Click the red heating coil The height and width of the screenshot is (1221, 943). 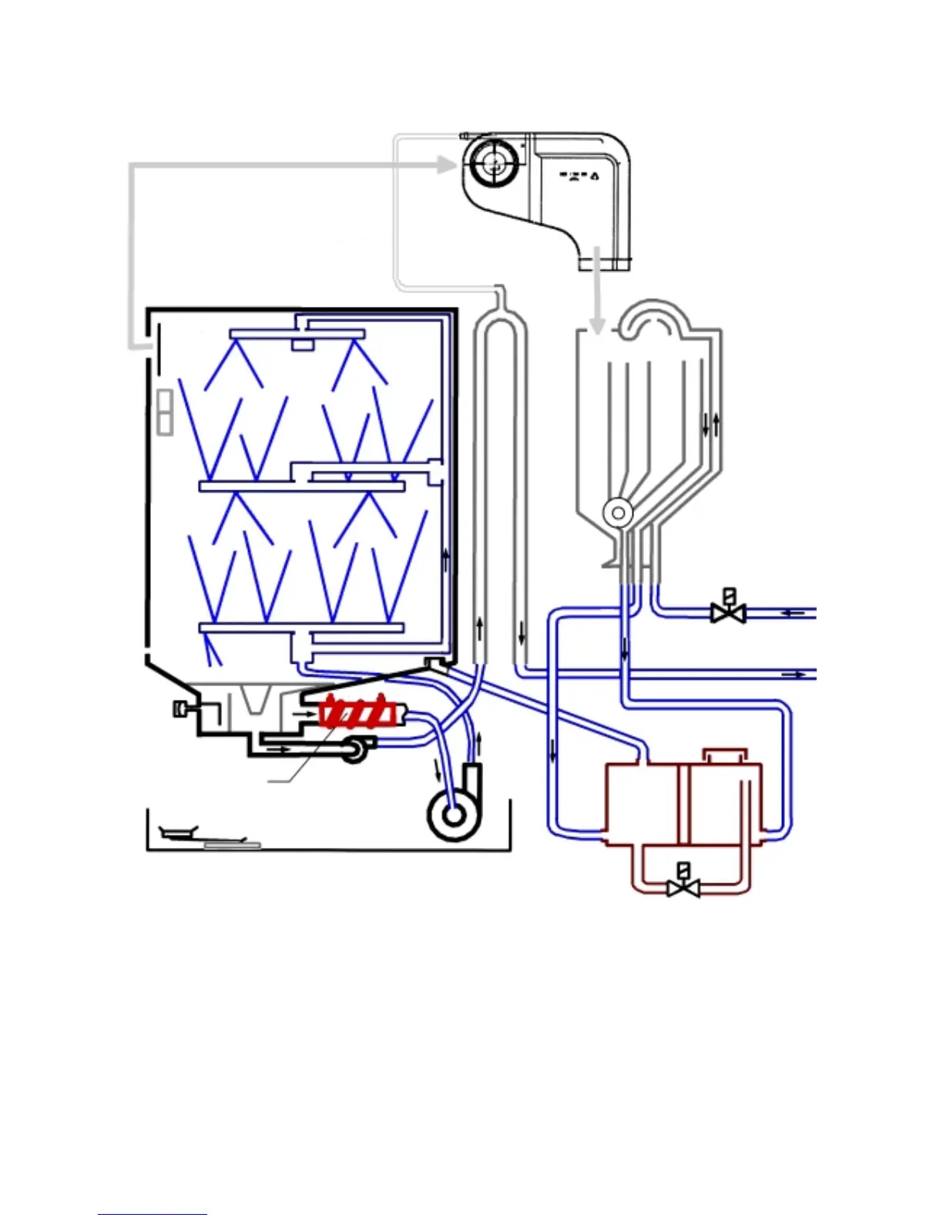click(358, 712)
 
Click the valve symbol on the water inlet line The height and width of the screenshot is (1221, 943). click(727, 610)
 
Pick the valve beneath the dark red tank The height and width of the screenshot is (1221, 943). click(683, 885)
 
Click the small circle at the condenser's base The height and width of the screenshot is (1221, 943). click(617, 512)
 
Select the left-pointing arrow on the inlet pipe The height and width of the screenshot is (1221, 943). click(792, 613)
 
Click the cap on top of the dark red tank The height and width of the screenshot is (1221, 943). click(725, 755)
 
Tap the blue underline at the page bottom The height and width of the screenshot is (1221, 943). click(153, 1214)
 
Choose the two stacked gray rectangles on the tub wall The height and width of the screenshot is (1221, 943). click(164, 412)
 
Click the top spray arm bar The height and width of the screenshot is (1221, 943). click(297, 335)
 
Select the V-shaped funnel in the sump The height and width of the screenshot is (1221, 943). click(255, 698)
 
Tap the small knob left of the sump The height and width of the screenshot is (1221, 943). click(180, 708)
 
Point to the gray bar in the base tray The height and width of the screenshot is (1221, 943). click(232, 845)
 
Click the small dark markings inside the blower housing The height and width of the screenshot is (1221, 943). click(579, 176)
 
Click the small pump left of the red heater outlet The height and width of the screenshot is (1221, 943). click(354, 750)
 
